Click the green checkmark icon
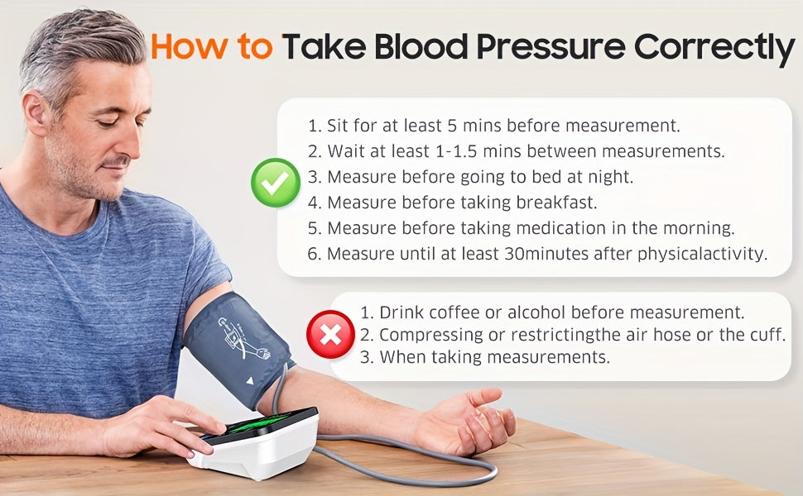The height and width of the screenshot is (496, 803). pyautogui.click(x=276, y=183)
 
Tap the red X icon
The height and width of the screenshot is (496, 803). pyautogui.click(x=330, y=335)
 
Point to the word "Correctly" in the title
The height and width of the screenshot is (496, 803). pyautogui.click(x=714, y=49)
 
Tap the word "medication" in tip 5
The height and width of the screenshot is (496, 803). pyautogui.click(x=560, y=228)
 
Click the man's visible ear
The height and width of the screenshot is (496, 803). pyautogui.click(x=36, y=113)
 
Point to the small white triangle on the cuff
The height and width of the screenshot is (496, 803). pyautogui.click(x=249, y=380)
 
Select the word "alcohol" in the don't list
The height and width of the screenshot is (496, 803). pyautogui.click(x=536, y=312)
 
